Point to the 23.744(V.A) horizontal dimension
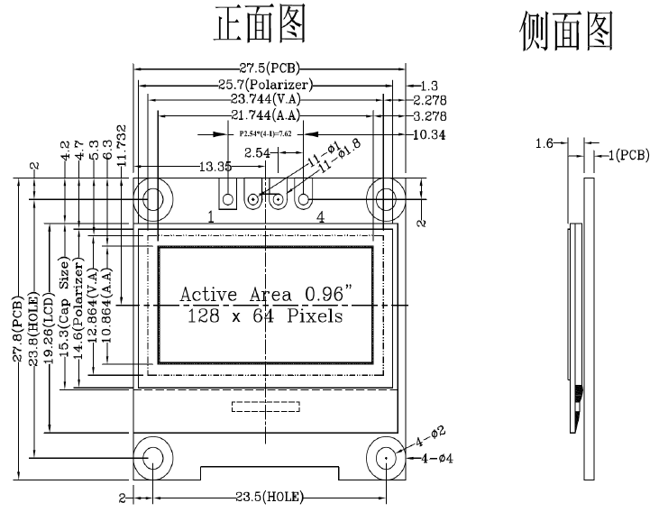[x=267, y=99]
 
